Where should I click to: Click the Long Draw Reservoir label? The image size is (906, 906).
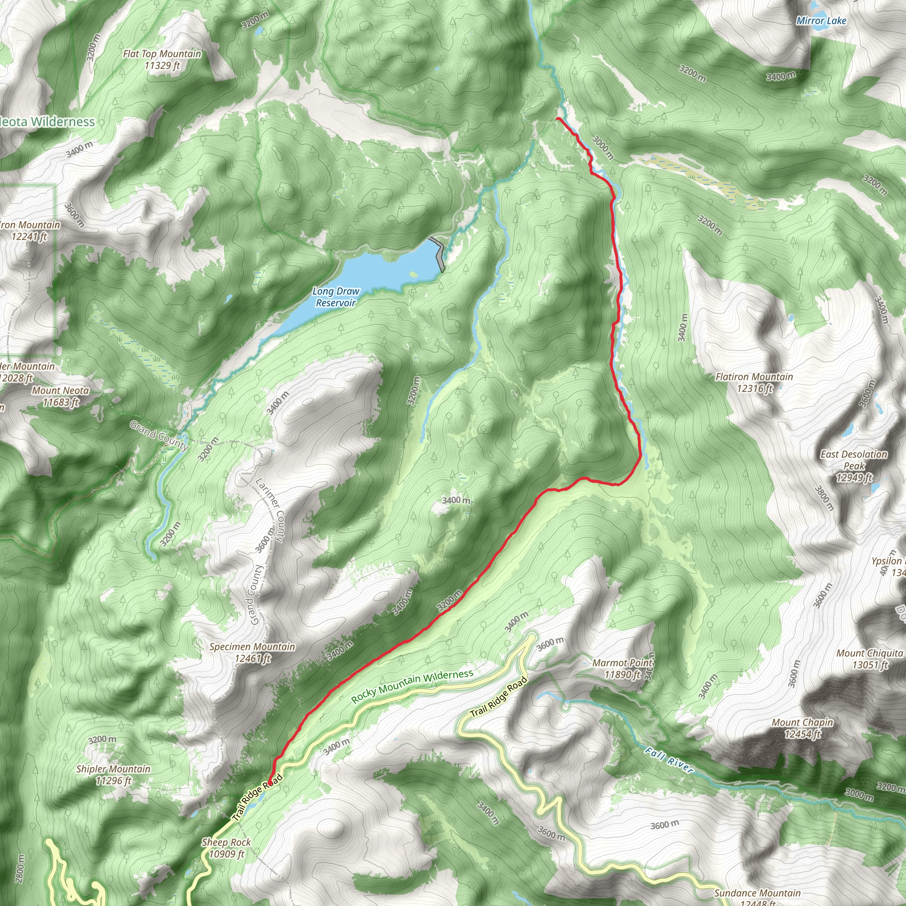tap(336, 297)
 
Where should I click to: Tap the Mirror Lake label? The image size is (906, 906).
tap(821, 21)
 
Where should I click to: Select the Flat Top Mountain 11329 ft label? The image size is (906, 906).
tap(162, 60)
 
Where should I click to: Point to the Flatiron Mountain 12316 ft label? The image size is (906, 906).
tap(754, 382)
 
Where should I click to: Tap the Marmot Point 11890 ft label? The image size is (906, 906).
tap(622, 669)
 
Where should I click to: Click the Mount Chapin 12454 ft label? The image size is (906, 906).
tap(802, 728)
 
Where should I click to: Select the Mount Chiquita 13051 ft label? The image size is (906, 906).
tap(870, 659)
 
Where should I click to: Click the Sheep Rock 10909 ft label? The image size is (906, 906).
tap(226, 848)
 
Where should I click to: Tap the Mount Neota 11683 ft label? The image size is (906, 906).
tap(61, 396)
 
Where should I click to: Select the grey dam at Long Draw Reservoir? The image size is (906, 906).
tap(438, 253)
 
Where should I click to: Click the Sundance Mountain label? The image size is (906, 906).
tap(757, 893)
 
